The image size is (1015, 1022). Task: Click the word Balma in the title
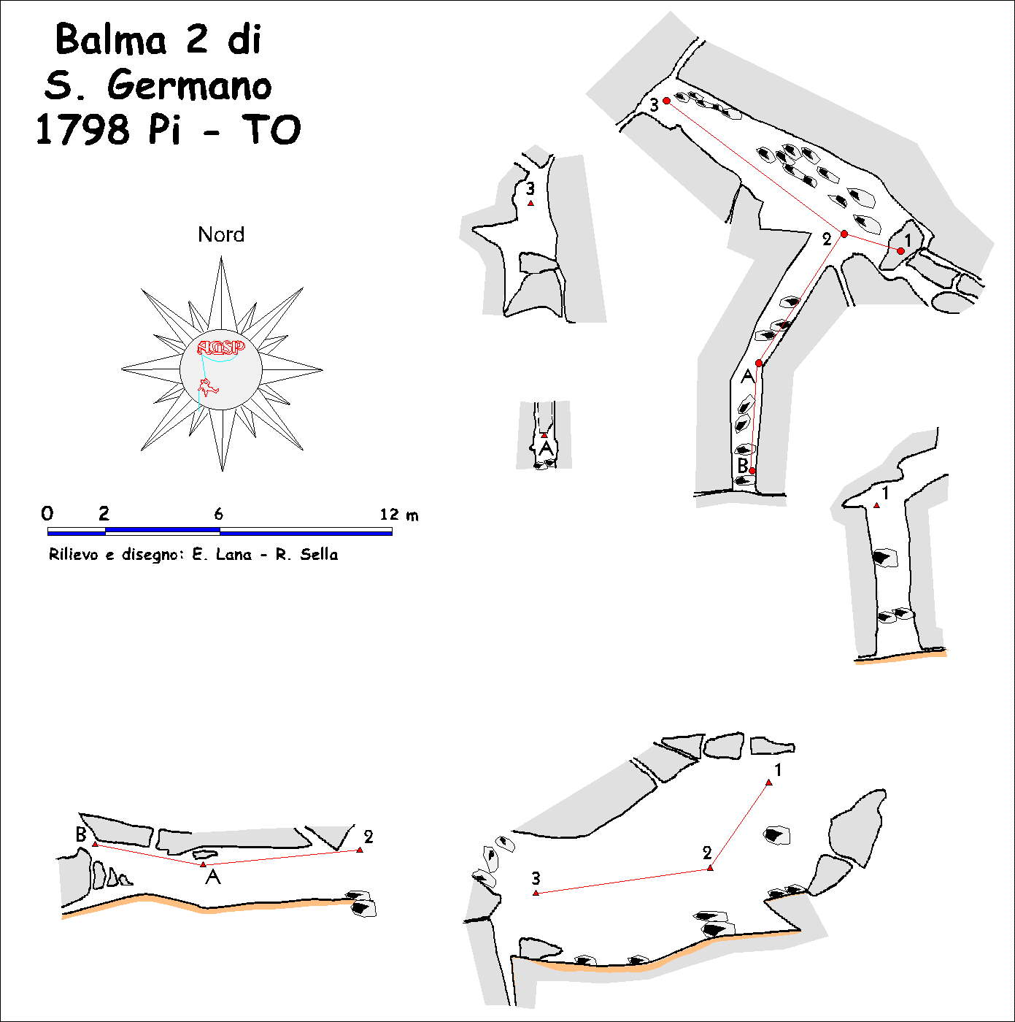tap(111, 39)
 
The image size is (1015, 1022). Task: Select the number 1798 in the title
tap(82, 130)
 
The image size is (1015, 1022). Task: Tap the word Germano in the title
tap(189, 85)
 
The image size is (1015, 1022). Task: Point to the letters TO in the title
tap(271, 130)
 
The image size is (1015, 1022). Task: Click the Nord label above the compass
tap(221, 234)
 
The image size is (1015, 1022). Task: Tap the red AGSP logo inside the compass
tap(221, 347)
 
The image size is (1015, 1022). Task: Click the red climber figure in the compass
tap(207, 388)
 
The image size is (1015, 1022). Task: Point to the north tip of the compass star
tap(221, 257)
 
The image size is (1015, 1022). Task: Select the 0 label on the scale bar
tap(47, 513)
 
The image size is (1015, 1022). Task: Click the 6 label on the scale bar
tap(218, 513)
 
